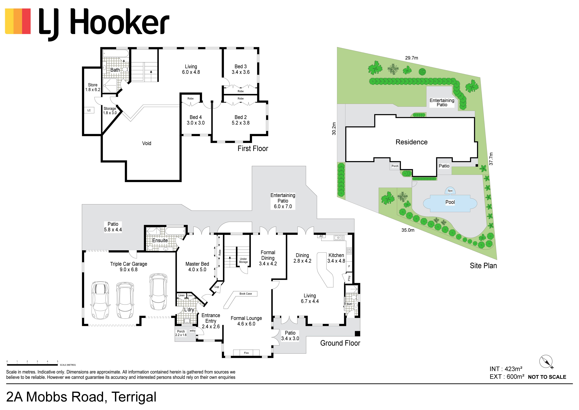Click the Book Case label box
246,294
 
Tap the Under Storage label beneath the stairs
243,260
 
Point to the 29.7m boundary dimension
412,58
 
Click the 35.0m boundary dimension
408,230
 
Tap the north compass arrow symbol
546,362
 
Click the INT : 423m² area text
506,369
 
